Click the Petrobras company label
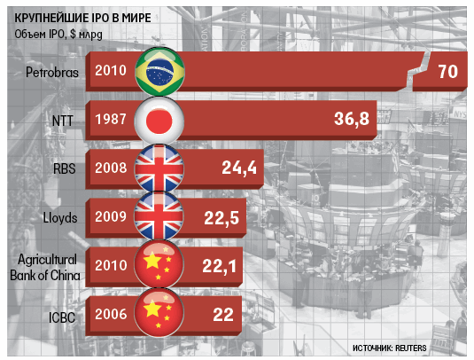[52, 73]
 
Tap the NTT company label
[63, 121]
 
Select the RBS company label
[64, 168]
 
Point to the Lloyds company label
[60, 218]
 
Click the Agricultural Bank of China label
[45, 268]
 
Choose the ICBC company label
[62, 317]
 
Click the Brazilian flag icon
[159, 72]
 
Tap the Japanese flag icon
[159, 121]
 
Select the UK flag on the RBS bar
[159, 168]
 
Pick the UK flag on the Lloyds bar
[159, 216]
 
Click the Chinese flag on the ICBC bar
[159, 312]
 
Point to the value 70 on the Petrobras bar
[448, 72]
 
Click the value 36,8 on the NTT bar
[352, 119]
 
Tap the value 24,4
[239, 168]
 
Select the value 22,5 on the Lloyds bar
[221, 218]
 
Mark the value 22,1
[219, 267]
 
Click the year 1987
[111, 119]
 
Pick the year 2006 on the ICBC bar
[111, 314]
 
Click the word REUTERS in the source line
[411, 348]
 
